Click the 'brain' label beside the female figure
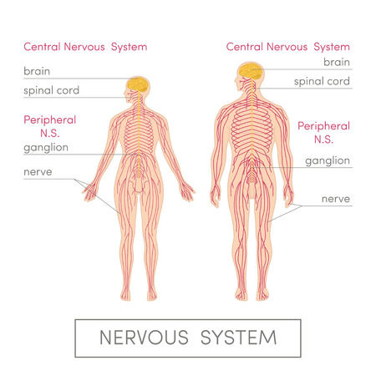pos(37,71)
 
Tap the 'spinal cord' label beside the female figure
pos(52,90)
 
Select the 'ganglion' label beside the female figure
pos(46,148)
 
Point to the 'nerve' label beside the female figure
pos(38,172)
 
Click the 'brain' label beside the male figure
pos(337,62)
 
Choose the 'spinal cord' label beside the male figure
pos(322,81)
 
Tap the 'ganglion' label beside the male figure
pos(328,160)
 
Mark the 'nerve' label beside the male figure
pos(336,199)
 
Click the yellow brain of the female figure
pos(138,84)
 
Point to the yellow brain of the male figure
pos(251,71)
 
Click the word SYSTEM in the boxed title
pos(238,338)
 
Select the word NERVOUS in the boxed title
pos(144,338)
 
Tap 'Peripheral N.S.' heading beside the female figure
pos(50,126)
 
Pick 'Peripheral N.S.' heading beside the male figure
pos(323,133)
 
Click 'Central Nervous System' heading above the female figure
pos(85,47)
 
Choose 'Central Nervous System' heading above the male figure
pos(288,47)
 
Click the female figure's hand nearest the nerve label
pos(90,192)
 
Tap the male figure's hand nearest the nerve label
pos(288,197)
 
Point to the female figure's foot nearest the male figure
pos(152,293)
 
